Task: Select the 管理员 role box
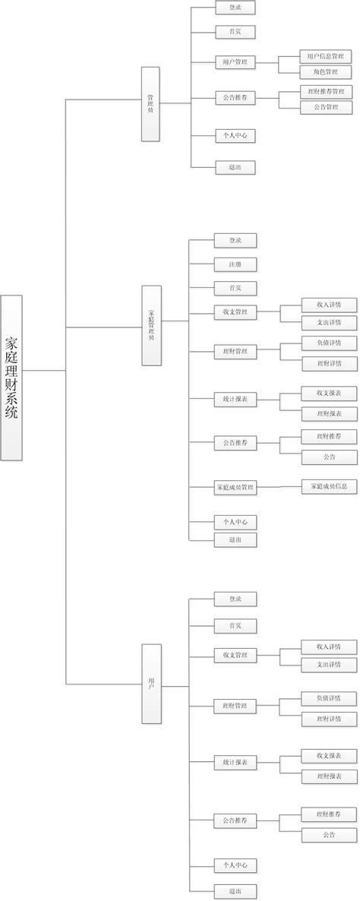(150, 104)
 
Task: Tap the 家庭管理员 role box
(150, 325)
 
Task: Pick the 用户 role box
(150, 683)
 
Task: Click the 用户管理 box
(235, 62)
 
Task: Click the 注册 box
(235, 265)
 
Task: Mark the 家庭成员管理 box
(235, 488)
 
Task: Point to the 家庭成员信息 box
(329, 485)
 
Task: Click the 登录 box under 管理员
(235, 8)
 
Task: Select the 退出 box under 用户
(235, 891)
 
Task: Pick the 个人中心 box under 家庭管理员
(235, 523)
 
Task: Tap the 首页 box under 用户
(235, 626)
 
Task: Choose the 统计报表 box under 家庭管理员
(235, 399)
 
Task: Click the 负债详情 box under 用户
(329, 698)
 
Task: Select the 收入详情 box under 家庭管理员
(329, 305)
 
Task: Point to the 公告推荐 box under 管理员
(235, 98)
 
